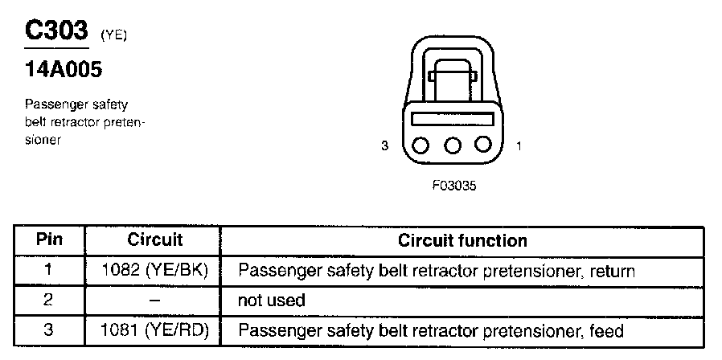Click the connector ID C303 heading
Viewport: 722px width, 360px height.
click(x=56, y=31)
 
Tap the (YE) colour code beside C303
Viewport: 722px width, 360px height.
click(x=113, y=35)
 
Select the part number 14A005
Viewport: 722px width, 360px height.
click(x=64, y=71)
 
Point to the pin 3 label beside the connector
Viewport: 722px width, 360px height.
click(x=385, y=146)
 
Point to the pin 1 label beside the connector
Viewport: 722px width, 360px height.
click(x=519, y=146)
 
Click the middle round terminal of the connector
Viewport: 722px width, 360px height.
click(x=452, y=145)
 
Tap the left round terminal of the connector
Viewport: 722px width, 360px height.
click(x=421, y=145)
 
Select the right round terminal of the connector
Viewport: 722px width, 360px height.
click(x=482, y=145)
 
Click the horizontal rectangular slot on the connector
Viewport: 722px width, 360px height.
click(x=451, y=118)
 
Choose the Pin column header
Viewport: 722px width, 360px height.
click(x=49, y=240)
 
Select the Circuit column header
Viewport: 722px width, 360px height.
click(x=155, y=240)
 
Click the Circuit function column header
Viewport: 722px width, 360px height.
click(x=462, y=240)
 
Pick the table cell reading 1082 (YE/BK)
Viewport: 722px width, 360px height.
click(x=155, y=271)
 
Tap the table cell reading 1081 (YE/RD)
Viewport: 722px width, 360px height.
click(x=155, y=330)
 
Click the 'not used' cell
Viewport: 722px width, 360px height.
click(x=272, y=301)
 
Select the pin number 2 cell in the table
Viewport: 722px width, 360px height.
click(x=49, y=301)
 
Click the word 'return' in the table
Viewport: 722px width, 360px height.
click(x=611, y=271)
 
